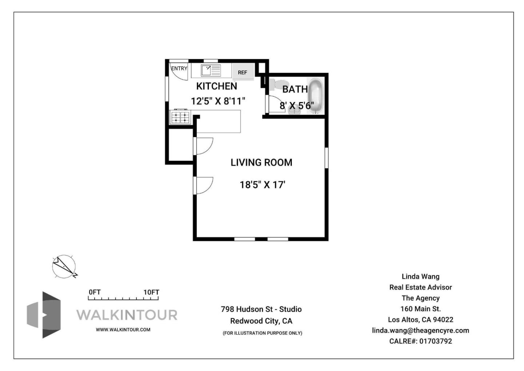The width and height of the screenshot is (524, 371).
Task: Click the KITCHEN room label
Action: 217,86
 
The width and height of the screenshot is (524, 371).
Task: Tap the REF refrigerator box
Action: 242,72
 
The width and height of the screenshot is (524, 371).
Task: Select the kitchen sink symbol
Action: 211,70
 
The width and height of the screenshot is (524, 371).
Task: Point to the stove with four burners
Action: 180,117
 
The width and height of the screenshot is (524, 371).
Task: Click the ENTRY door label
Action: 179,68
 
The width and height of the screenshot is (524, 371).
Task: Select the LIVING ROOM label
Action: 261,163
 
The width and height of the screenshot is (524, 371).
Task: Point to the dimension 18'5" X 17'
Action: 262,185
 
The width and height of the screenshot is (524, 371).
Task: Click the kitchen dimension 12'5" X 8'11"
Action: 218,101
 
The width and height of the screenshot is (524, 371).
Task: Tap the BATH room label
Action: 295,89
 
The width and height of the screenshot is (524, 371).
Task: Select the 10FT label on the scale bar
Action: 151,292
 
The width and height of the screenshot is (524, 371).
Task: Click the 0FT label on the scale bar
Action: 94,292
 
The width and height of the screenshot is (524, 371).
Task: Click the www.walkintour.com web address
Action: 123,329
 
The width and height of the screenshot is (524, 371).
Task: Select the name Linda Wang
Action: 420,277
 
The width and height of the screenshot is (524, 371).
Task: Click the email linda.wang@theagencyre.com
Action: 420,331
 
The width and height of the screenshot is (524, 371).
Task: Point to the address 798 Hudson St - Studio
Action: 261,309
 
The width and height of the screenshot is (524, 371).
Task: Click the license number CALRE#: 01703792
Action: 420,341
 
